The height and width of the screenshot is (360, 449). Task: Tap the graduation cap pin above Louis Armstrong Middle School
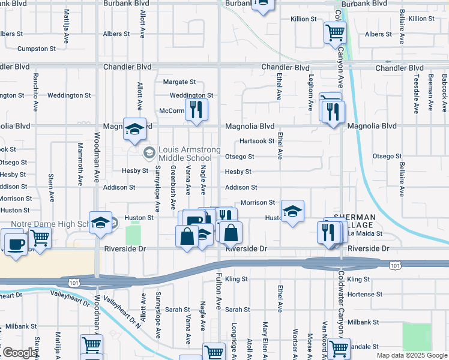click(135, 128)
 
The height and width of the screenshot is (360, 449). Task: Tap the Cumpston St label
click(37, 49)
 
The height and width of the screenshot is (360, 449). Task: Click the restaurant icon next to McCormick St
click(196, 109)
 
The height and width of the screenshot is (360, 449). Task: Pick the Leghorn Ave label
click(310, 92)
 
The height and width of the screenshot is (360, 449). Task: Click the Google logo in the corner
click(19, 353)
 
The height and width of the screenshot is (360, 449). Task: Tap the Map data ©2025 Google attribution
click(411, 355)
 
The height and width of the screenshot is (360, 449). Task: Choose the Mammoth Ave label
click(80, 163)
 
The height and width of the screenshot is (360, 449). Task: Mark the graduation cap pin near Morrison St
click(292, 211)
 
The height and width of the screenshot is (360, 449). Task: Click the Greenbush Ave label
click(173, 180)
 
